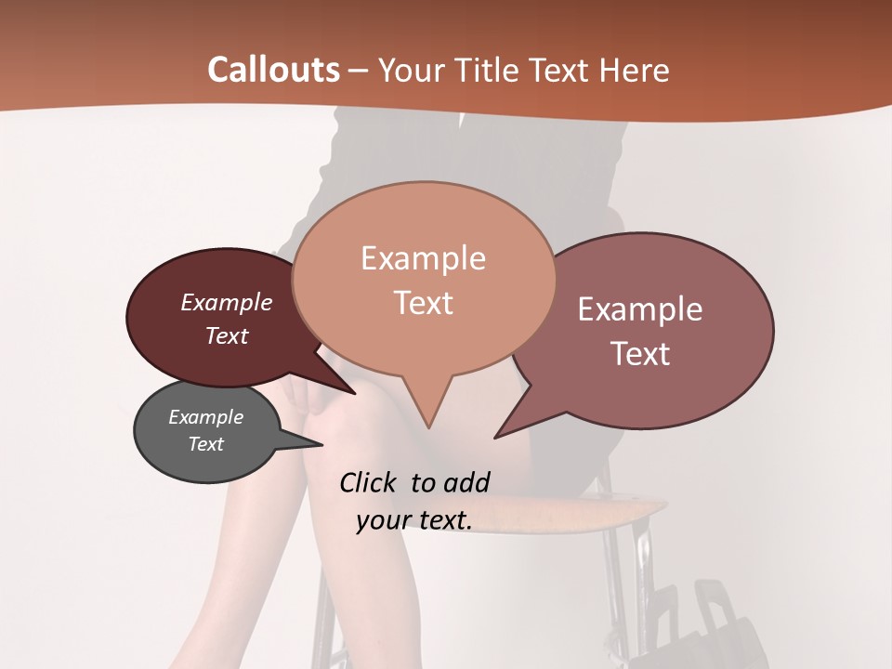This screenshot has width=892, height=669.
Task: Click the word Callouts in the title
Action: tap(273, 70)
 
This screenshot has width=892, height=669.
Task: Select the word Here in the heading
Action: tap(633, 70)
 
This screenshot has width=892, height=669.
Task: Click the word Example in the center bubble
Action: tap(423, 258)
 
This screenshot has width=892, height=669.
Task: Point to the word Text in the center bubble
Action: tap(423, 303)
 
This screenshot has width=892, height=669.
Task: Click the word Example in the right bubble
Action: tap(640, 309)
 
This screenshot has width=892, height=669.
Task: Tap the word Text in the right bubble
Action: tap(640, 354)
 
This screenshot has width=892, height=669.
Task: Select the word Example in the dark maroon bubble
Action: tap(226, 302)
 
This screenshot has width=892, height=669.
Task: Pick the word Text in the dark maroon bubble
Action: tap(226, 335)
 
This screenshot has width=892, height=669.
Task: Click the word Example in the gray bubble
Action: tap(205, 417)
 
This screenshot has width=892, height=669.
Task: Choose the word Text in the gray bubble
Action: tap(205, 444)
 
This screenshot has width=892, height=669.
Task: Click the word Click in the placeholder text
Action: tap(369, 482)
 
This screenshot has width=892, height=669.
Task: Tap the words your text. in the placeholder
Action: tap(413, 520)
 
